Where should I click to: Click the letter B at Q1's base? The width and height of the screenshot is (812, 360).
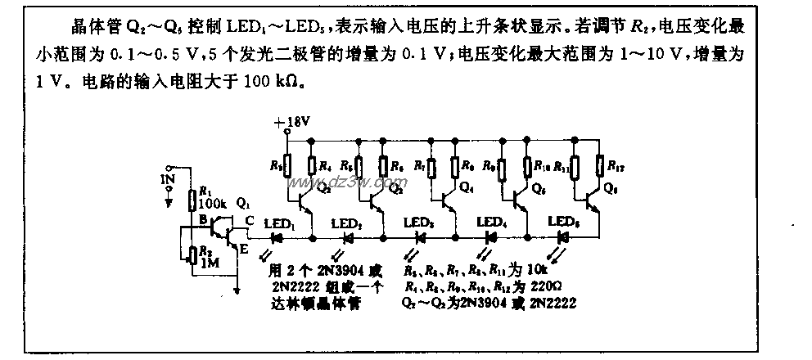(200, 218)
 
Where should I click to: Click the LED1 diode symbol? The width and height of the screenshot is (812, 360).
(277, 237)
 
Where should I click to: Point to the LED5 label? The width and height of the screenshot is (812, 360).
(562, 222)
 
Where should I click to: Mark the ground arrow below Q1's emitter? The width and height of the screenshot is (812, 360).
(237, 288)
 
